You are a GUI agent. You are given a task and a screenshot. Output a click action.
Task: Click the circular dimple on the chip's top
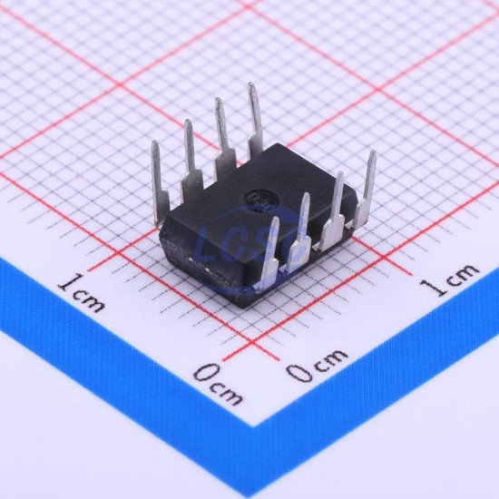259,201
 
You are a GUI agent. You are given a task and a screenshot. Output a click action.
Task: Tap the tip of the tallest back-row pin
251,84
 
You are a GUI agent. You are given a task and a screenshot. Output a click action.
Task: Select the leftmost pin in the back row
159,182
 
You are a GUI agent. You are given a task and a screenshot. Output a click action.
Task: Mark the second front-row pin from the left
299,232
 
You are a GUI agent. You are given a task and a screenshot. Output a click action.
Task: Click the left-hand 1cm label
82,293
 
